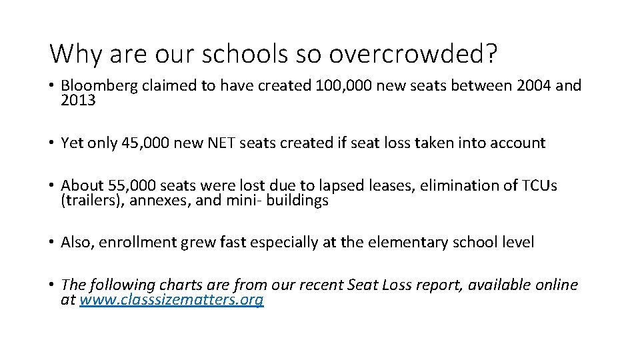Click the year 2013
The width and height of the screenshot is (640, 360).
(x=78, y=100)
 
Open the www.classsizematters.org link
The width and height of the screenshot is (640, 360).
(x=171, y=300)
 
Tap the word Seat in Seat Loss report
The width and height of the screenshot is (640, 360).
(x=365, y=285)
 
